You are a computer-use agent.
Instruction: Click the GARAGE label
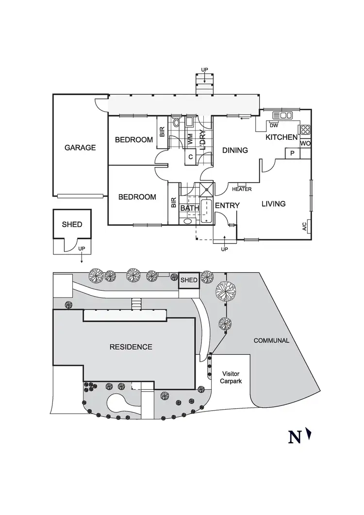pos(80,148)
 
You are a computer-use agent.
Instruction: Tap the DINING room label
pos(235,150)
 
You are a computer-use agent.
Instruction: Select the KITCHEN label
pos(281,138)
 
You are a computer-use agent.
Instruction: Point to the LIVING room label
pos(273,204)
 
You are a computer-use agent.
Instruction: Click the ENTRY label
pos(227,206)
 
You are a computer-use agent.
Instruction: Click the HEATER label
pos(242,189)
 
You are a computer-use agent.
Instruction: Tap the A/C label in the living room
pos(304,226)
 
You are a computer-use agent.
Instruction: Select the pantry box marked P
pos(292,153)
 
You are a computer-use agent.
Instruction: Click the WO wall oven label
pos(305,144)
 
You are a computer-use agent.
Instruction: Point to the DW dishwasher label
pos(267,124)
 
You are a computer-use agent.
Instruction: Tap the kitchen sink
pos(283,116)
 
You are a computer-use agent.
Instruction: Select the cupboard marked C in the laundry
pos(191,157)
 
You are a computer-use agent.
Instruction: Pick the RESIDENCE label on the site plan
pos(131,347)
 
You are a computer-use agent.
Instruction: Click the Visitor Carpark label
pos(232,377)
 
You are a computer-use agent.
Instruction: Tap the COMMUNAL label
pos(271,341)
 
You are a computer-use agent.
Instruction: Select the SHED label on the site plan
pos(189,280)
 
